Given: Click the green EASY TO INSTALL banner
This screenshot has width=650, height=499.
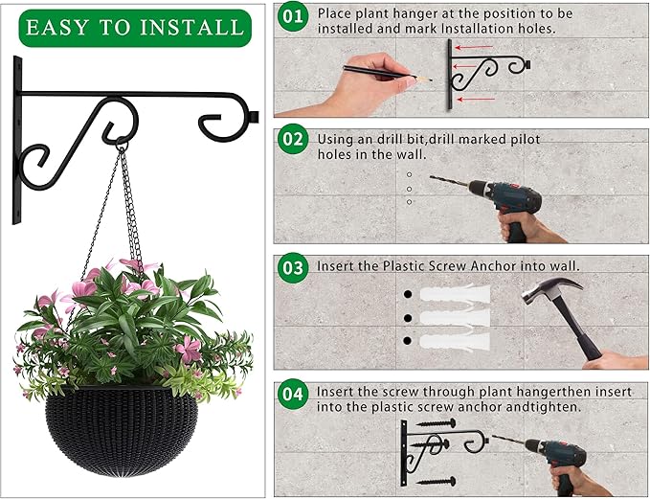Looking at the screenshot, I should [134, 27].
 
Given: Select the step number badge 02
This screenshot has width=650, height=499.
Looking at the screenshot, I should [293, 140].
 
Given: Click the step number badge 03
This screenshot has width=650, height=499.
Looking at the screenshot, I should [293, 265].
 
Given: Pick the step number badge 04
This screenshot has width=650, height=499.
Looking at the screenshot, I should [293, 393].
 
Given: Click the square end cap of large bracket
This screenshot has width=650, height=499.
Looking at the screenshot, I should [254, 119].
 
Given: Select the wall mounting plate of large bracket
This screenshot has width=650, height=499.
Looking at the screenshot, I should [17, 140].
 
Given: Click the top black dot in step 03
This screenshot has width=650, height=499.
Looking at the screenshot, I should [406, 294].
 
